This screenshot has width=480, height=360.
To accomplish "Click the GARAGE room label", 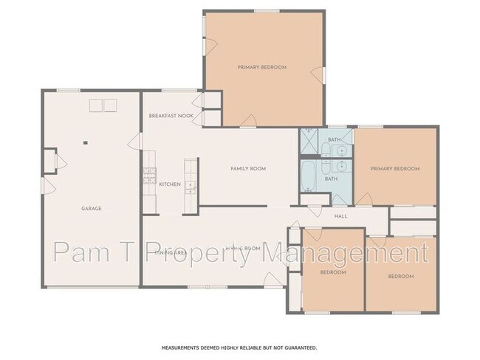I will (92, 209).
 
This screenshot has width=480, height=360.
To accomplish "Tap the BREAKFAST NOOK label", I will (171, 116).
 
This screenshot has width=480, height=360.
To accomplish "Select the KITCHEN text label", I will (170, 184).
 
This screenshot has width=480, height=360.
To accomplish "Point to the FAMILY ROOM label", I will (248, 169).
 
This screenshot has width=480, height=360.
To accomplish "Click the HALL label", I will (340, 216).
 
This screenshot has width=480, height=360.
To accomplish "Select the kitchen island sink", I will (190, 185).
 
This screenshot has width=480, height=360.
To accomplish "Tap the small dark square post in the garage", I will (86, 143).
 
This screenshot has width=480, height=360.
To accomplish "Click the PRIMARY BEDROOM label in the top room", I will (262, 67).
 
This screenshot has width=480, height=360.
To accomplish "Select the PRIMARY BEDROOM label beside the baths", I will (396, 169).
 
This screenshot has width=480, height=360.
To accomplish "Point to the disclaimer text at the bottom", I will (240, 347).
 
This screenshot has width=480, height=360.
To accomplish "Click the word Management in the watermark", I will (357, 254).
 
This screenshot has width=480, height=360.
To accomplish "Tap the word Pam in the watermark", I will (82, 254).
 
